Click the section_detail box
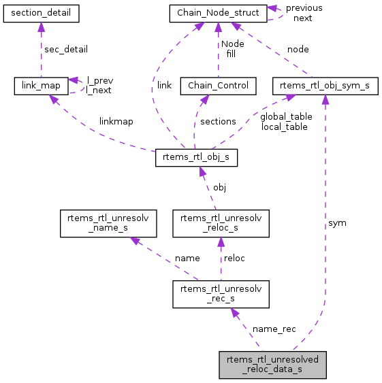41,12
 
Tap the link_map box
41,85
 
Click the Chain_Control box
218,85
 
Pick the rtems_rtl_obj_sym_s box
324,85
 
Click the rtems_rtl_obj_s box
197,158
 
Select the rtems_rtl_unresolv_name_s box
108,223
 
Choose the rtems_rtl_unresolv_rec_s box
221,294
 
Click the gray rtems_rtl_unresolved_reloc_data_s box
272,365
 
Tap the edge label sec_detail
65,49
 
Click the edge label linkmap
116,121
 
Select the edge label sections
218,121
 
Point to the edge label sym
337,222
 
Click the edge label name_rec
274,329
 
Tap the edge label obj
219,186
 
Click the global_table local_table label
286,121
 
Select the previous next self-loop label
304,13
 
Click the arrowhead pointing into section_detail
41,25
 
